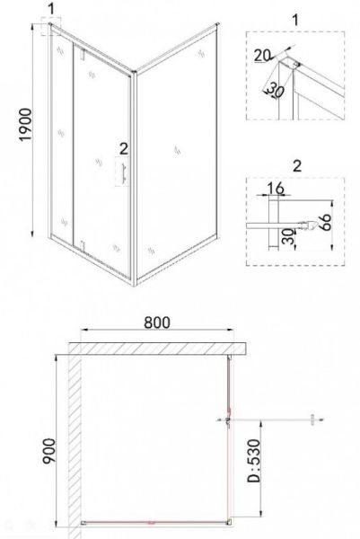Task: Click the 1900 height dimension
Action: point(26,125)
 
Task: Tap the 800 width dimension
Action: point(156,323)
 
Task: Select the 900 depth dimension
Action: point(48,451)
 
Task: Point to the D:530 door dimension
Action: point(254,461)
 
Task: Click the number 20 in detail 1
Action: point(262,55)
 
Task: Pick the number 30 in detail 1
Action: point(275,90)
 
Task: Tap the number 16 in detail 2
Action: point(276,189)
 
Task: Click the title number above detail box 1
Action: point(295,20)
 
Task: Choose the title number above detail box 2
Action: point(296,165)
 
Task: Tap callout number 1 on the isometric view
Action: point(51,9)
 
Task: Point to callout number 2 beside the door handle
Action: point(124,148)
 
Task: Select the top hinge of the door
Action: point(82,54)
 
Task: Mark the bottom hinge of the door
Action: point(82,246)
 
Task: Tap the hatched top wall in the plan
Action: point(157,349)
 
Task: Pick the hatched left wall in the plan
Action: point(75,444)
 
